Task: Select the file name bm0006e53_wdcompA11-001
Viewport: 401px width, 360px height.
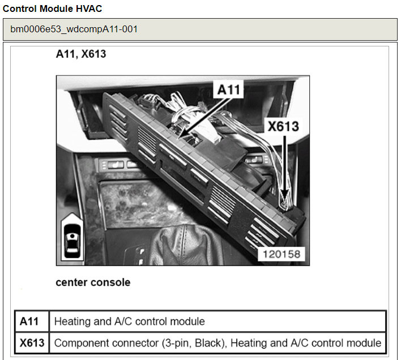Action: [74, 29]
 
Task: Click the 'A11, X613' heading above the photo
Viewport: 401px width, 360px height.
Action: [80, 55]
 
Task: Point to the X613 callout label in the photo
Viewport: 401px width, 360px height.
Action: [283, 127]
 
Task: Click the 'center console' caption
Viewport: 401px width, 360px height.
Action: [93, 282]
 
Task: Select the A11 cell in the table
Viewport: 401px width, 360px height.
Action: [29, 322]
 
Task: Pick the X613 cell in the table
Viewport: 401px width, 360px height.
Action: [32, 342]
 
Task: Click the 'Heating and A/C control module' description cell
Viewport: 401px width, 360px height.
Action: [129, 322]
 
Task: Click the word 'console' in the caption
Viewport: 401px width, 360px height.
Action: [112, 282]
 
